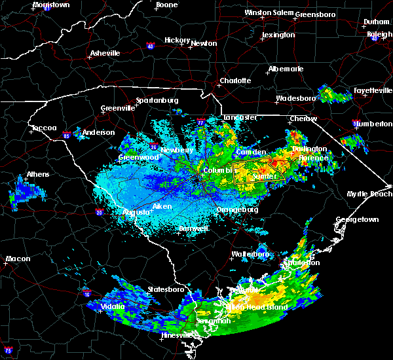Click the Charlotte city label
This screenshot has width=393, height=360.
[235, 81]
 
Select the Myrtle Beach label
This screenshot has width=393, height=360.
[369, 194]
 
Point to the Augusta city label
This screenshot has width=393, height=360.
[137, 212]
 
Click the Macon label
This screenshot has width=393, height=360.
[18, 259]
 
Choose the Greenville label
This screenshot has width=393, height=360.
[117, 109]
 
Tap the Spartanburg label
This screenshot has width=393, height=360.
[157, 100]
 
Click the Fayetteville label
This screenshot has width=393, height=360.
[373, 90]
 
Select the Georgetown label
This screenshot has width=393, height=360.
[358, 220]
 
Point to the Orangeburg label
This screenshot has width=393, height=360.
[237, 210]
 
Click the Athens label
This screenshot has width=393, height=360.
[38, 175]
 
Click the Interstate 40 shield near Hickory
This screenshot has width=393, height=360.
[150, 46]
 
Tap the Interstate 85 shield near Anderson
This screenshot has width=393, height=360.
[67, 135]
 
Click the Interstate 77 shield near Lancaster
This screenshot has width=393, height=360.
[200, 122]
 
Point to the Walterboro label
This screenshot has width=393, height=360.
[250, 253]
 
